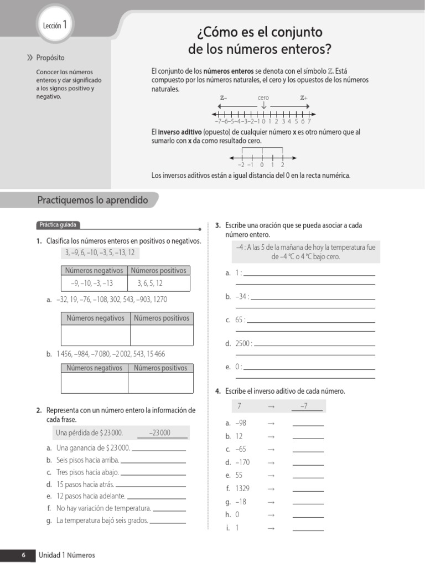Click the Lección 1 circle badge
55,25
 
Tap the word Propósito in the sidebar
50,58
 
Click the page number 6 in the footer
23,555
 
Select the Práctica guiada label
58,225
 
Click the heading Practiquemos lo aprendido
92,200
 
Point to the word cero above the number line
263,98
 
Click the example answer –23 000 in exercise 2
160,433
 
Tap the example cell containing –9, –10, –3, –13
92,283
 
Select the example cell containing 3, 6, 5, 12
150,283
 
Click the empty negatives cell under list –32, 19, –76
95,335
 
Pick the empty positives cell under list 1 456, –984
160,383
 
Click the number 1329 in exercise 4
242,488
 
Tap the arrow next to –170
271,462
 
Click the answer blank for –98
308,424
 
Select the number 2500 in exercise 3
243,344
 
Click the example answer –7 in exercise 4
304,406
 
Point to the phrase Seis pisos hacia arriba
87,460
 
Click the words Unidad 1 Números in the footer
66,555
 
